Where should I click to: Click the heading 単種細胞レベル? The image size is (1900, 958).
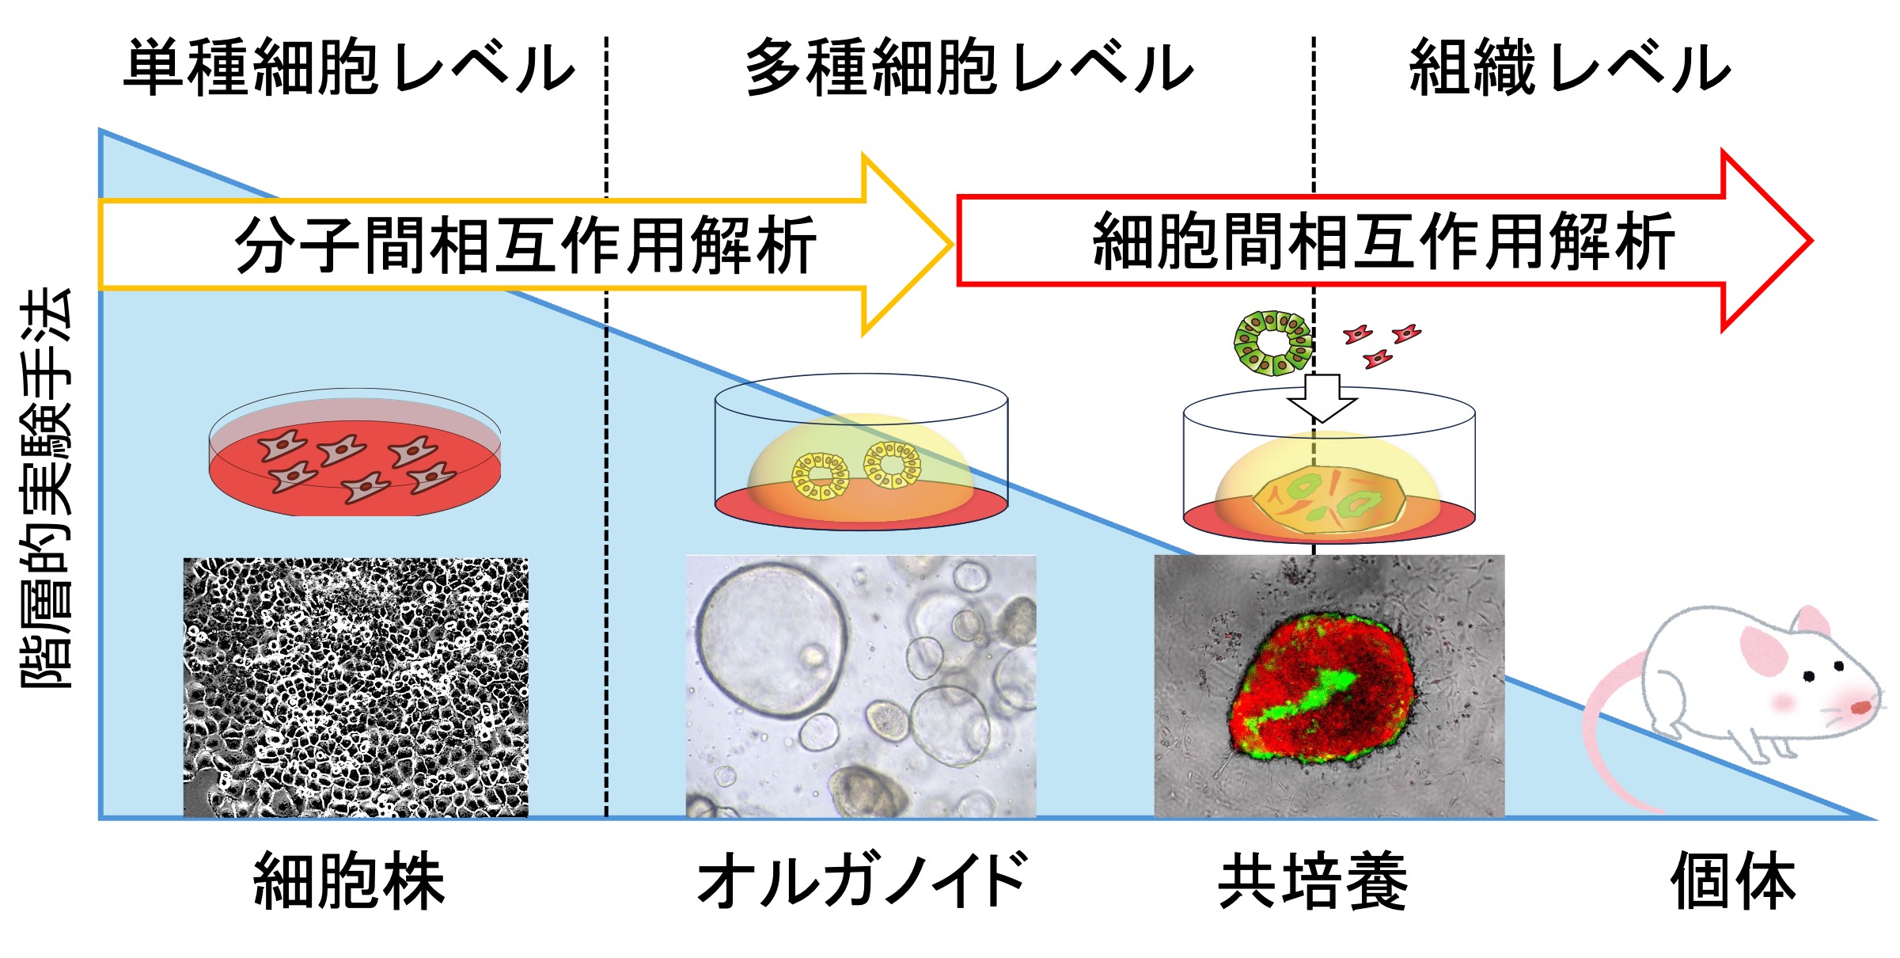(348, 67)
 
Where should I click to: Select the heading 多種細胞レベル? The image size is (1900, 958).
(969, 67)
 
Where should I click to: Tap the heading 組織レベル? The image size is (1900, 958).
(1570, 67)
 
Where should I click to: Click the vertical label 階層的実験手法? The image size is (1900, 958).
(46, 487)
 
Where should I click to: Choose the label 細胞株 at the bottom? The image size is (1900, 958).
(348, 881)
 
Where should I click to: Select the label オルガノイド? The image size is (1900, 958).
(863, 881)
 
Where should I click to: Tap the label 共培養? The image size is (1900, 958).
(1314, 881)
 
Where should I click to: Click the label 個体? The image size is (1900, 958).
(1733, 881)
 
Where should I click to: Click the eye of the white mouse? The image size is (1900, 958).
(1809, 675)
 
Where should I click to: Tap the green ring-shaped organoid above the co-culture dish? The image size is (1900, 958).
(1272, 343)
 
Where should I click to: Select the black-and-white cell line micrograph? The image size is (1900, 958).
(355, 687)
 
